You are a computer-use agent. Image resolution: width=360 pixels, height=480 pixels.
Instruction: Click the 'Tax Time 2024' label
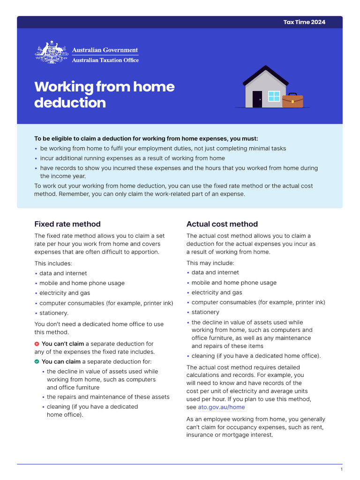point(304,22)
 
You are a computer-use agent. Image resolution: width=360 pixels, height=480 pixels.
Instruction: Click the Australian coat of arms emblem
point(51,53)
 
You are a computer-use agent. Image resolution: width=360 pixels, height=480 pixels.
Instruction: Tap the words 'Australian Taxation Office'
point(105,60)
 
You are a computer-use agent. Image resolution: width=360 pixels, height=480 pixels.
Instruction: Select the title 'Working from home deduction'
point(104,94)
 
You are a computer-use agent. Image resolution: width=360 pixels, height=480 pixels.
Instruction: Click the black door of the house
point(257,99)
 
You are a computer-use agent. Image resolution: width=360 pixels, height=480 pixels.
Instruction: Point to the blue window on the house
point(274,96)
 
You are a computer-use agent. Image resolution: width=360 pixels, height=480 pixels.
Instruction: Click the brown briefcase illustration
point(292,101)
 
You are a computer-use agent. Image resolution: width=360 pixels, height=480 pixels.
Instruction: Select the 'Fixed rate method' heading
point(67,224)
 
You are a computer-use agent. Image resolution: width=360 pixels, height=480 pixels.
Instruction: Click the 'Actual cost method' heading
point(222,224)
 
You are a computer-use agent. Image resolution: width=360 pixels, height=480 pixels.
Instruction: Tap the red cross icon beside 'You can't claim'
point(37,344)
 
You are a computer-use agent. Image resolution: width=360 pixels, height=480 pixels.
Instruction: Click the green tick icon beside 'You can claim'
point(37,361)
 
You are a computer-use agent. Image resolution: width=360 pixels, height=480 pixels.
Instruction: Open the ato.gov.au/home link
point(221,407)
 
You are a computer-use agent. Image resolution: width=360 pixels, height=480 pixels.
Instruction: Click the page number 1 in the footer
point(342,469)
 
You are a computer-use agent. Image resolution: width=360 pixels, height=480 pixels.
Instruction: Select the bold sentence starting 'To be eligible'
point(146,138)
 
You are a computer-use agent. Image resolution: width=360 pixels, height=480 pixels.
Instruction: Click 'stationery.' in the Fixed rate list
point(54,313)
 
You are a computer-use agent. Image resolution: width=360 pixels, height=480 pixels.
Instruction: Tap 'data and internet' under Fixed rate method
point(63,273)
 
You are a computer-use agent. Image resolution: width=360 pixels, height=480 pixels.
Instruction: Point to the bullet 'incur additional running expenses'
point(132,158)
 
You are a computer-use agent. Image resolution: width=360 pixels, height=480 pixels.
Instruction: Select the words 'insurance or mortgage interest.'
point(229,435)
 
